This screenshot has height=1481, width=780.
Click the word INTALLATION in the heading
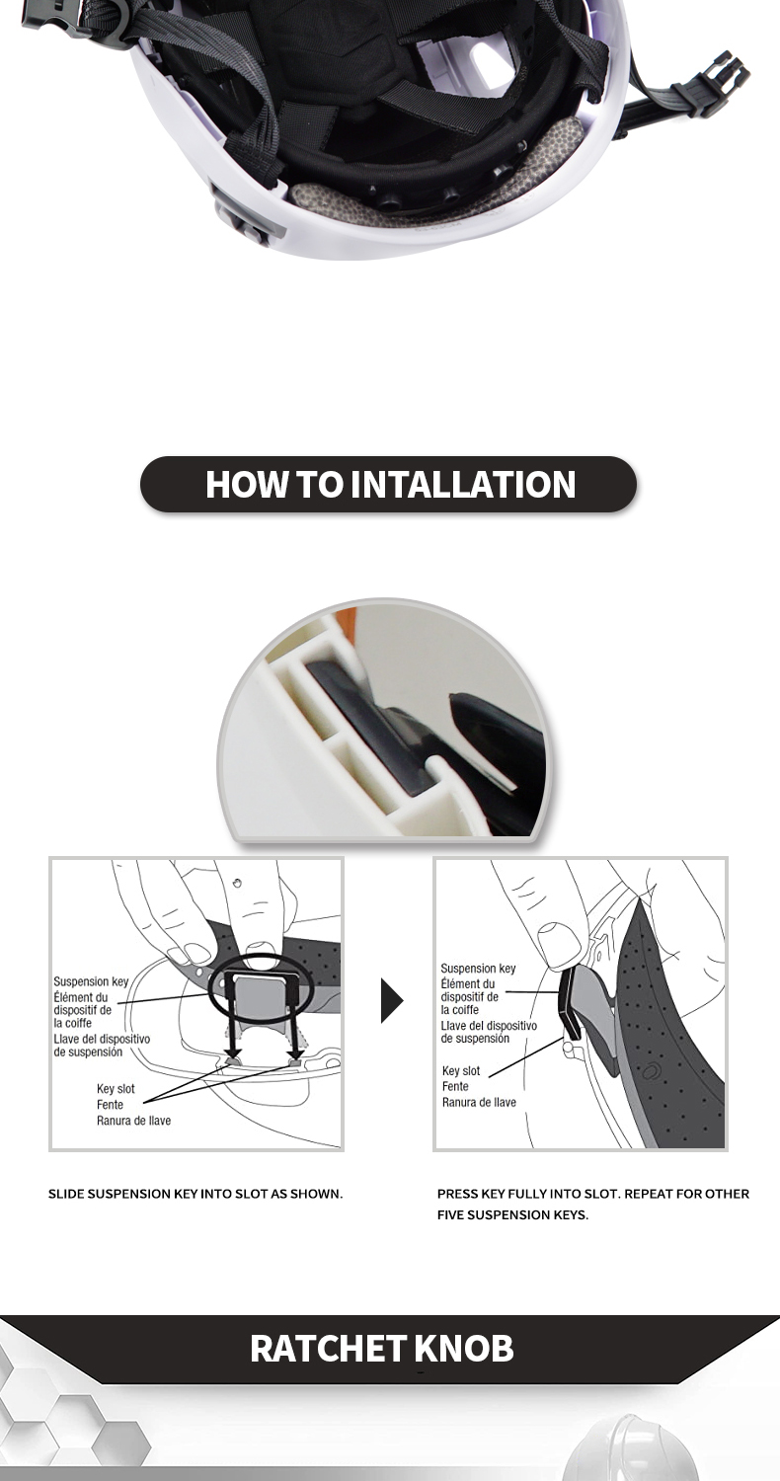[463, 484]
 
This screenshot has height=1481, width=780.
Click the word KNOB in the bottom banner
[465, 1348]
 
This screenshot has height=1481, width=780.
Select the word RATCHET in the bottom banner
[329, 1348]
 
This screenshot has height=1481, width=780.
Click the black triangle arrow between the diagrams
[391, 1001]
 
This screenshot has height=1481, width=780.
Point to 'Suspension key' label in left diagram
[91, 981]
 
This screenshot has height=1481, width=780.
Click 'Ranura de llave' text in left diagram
[133, 1121]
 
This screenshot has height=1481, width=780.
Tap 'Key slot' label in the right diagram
[461, 1070]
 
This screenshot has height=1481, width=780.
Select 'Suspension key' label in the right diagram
[478, 968]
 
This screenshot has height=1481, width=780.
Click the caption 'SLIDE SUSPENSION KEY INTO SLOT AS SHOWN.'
[195, 1194]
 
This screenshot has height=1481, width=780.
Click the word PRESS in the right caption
[453, 1194]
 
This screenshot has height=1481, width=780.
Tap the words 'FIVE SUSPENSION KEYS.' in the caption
[512, 1215]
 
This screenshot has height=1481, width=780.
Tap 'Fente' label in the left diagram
[110, 1105]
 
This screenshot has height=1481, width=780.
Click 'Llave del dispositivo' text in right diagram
[489, 1026]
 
